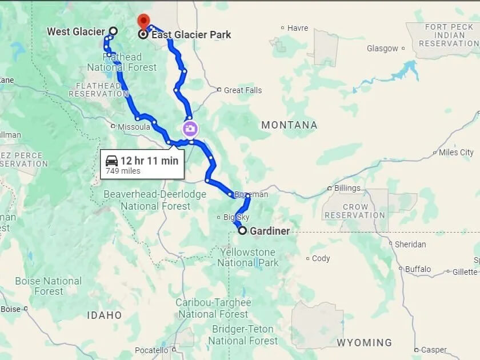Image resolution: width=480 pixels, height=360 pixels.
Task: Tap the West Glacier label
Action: [75, 32]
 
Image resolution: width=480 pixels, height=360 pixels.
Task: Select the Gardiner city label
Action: [269, 231]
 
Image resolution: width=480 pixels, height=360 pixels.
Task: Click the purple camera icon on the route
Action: [190, 129]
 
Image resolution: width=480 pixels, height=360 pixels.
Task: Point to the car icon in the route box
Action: [112, 161]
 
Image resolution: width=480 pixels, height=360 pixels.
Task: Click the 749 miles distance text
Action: [123, 171]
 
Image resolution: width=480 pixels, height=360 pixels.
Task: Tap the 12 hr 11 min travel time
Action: [149, 161]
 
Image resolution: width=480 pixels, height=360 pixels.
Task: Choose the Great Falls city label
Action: [242, 90]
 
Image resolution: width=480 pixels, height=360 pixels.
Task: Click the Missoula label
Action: [134, 126]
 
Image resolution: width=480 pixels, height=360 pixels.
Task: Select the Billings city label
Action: [347, 188]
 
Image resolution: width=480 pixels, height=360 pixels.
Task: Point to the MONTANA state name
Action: [289, 125]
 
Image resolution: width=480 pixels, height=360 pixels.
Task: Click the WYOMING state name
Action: [364, 343]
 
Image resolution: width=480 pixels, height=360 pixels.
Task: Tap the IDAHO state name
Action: [105, 315]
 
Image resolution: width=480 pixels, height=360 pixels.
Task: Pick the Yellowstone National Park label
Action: [247, 258]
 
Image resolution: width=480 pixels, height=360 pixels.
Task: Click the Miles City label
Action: [456, 153]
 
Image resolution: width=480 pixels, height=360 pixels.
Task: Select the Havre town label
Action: [297, 28]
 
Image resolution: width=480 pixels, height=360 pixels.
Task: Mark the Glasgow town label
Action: [382, 49]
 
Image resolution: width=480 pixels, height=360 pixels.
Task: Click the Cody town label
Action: [321, 258]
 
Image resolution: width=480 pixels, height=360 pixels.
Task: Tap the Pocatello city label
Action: [151, 350]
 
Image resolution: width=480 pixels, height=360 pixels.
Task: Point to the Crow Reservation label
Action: [355, 211]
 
